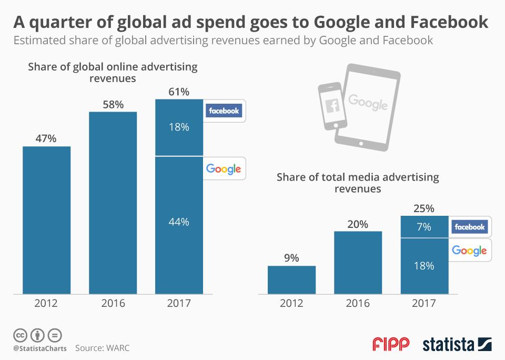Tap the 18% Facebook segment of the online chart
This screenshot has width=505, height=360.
pos(179,127)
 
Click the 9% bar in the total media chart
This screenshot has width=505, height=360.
pos(291,279)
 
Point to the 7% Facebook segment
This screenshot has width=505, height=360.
pos(424,227)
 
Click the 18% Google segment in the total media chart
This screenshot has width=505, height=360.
pos(424,266)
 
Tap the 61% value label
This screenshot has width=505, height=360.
pos(179,92)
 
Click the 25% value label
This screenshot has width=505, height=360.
pos(424,208)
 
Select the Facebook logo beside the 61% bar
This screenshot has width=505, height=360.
pos(224,111)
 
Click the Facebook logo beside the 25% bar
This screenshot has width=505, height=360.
pos(469,227)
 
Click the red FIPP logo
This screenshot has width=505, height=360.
pos(391,345)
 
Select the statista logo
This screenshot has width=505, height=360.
pos(457,345)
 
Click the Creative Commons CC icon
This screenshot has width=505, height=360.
pos(20,335)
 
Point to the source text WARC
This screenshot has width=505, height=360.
pos(117,348)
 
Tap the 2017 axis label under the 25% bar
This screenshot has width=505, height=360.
pos(424,303)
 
